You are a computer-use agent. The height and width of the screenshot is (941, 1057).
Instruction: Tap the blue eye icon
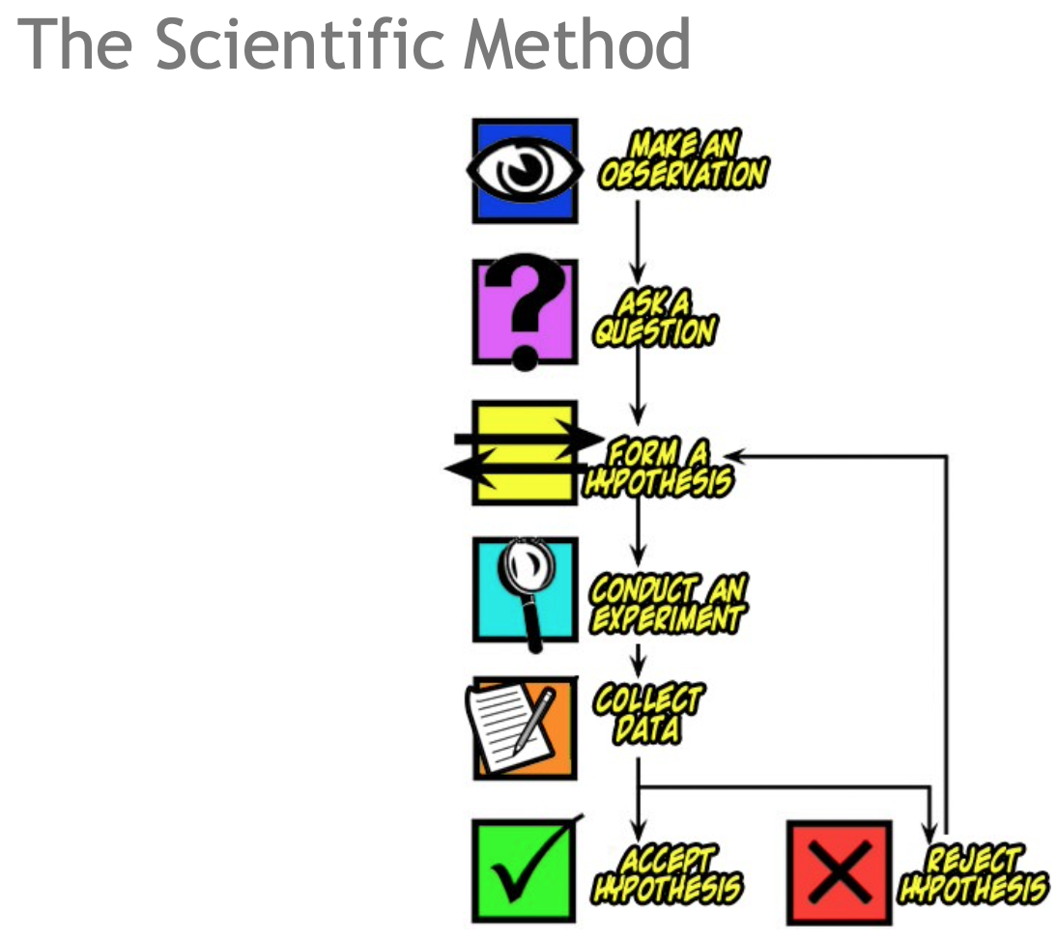525,170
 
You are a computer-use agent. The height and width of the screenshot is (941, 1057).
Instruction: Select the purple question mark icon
525,311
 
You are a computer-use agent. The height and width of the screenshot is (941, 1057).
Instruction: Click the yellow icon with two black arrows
525,452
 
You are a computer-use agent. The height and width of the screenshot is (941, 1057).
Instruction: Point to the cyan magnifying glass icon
525,589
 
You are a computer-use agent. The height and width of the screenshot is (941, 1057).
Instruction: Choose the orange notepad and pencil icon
525,728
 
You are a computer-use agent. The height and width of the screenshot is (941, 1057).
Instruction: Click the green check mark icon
525,870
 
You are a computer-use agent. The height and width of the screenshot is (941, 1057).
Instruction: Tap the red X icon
839,871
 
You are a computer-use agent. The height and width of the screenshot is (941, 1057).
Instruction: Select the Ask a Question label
654,319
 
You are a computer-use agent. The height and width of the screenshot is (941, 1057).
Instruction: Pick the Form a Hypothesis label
657,469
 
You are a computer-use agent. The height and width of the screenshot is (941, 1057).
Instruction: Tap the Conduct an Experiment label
669,604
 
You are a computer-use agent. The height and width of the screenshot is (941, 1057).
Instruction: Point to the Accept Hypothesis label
669,873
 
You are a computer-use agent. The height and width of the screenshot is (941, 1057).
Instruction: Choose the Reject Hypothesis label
973,873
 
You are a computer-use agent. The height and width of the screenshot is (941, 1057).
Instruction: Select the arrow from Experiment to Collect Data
638,659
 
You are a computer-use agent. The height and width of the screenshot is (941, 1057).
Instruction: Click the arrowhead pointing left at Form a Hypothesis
736,452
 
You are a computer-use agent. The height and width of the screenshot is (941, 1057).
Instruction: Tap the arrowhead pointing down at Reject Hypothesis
929,833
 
